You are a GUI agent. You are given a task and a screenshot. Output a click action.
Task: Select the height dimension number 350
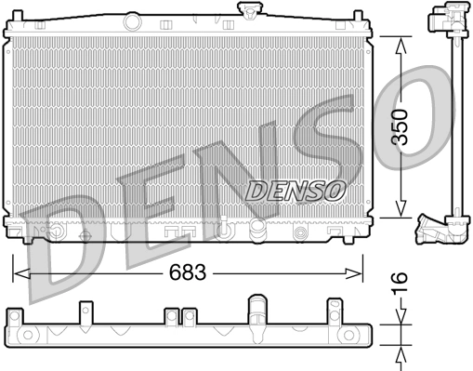coord(399,126)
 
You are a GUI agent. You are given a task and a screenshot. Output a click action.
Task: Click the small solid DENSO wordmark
coord(295,190)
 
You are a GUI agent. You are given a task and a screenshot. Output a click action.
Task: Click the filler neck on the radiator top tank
coord(248,10)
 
